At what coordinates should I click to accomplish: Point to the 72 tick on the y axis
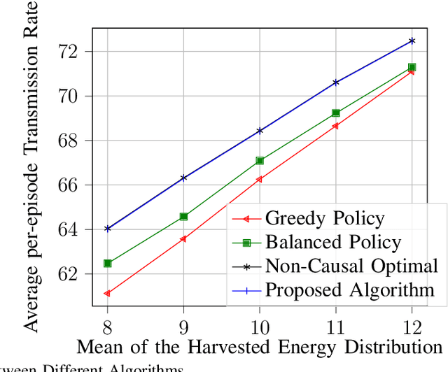[74, 52]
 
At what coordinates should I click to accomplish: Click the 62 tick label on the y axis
[74, 274]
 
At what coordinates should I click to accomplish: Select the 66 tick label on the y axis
[74, 185]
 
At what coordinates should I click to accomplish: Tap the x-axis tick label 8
[108, 327]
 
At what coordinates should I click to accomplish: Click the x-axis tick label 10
[260, 327]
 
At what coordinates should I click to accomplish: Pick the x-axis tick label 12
[412, 327]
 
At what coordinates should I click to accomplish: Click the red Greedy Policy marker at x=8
[107, 294]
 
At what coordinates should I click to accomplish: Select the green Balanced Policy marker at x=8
[108, 264]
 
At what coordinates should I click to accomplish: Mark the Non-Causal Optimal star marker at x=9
[183, 178]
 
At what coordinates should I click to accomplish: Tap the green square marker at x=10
[260, 161]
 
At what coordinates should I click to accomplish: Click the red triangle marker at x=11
[335, 126]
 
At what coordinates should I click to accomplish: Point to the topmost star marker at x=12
[412, 41]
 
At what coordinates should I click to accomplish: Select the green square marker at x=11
[336, 113]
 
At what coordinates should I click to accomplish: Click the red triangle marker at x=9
[183, 238]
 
